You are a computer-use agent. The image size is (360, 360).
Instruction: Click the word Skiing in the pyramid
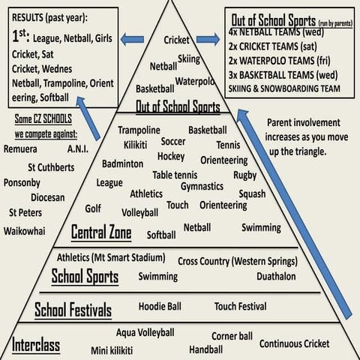pos(189,59)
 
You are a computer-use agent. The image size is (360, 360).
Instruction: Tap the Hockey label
pos(171,157)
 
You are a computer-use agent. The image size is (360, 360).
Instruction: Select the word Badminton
pos(122,163)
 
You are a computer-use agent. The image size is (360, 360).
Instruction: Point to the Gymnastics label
pos(202,187)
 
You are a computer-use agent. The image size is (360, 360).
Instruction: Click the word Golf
pos(93,208)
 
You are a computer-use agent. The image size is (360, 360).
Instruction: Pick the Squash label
pos(252,194)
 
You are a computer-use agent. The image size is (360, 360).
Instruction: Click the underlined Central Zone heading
pos(101,232)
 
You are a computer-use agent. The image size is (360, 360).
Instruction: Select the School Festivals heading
pos(73,310)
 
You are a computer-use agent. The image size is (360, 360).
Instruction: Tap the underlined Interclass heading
pos(36,344)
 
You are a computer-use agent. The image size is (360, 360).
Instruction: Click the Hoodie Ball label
pos(160,307)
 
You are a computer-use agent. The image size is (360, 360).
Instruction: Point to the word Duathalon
pos(276,276)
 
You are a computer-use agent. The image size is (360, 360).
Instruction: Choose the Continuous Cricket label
pos(295,343)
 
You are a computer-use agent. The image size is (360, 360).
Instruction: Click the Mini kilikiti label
pos(112,350)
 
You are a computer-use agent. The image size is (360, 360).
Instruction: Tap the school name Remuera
pos(20,149)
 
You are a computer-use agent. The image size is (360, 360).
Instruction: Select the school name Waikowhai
pos(25,231)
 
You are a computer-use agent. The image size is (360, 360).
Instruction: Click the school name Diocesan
pos(48,197)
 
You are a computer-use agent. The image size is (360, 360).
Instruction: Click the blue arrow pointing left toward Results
pos(132,40)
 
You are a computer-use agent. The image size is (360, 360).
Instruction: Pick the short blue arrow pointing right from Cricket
pos(208,39)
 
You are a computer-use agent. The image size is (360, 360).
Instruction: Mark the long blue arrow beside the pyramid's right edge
pos(294,214)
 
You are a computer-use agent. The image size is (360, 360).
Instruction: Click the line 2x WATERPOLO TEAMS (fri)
pos(279,61)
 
